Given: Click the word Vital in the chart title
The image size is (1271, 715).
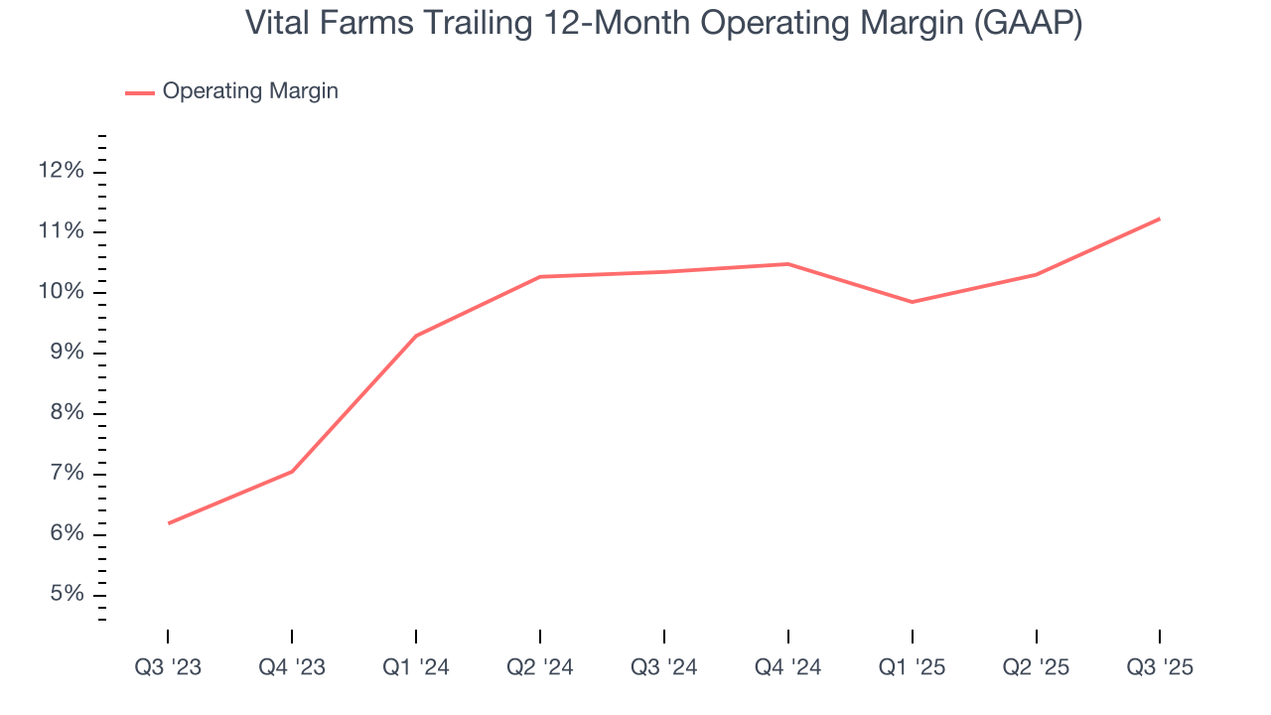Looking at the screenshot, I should click(x=276, y=24).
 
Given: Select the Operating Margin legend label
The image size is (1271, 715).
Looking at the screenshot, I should click(x=250, y=91).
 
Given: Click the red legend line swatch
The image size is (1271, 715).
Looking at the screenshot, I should click(x=139, y=92).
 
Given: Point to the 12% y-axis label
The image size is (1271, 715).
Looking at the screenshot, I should click(x=61, y=172).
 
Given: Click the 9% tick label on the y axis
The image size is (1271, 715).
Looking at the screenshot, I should click(x=67, y=354).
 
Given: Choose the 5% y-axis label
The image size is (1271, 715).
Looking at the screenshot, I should click(x=67, y=595).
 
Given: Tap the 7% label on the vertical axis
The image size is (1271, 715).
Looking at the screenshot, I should click(x=67, y=474).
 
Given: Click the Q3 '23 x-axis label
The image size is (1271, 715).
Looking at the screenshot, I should click(x=168, y=667).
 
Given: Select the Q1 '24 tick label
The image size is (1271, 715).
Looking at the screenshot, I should click(x=416, y=667).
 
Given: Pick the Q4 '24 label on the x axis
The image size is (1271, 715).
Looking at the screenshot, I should click(x=788, y=667).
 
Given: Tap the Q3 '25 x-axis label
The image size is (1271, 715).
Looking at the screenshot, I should click(x=1160, y=667).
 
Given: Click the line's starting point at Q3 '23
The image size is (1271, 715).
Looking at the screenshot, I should click(x=168, y=523).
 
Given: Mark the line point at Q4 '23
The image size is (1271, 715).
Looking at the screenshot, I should click(x=292, y=472).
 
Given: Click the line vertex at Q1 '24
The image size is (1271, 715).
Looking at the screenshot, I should click(x=416, y=336).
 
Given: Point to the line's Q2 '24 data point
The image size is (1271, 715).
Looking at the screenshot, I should click(x=540, y=276).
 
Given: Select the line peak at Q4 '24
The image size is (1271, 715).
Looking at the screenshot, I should click(x=788, y=264).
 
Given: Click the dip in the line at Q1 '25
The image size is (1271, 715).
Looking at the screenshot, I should click(x=913, y=302).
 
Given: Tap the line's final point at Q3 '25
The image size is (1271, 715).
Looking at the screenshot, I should click(x=1160, y=218).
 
